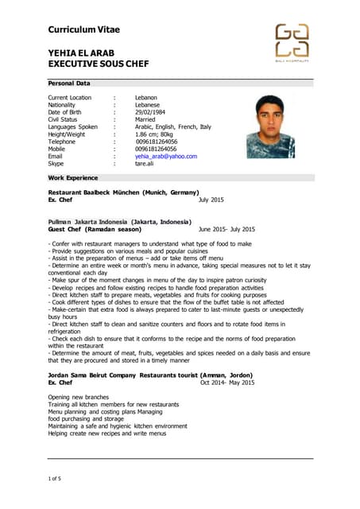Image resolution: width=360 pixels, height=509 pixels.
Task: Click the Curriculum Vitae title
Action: [x=84, y=29]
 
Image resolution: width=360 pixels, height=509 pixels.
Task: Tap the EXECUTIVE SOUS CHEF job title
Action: [x=99, y=64]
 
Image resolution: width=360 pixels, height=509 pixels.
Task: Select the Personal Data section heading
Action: [x=69, y=83]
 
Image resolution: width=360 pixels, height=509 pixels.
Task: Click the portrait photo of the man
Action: [x=269, y=126]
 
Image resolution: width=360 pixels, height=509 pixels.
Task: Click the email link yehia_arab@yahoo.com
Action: [x=165, y=156]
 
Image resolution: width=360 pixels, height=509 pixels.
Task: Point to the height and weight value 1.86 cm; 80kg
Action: [x=159, y=134]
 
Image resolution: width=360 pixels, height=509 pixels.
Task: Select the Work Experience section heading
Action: [x=73, y=178]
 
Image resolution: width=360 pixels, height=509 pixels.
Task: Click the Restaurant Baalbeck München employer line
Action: [x=123, y=192]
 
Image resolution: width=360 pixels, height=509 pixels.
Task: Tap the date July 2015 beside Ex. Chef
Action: [x=211, y=200]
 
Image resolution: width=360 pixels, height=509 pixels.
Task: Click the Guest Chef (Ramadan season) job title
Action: [x=95, y=228]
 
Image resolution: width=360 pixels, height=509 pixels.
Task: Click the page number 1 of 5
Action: [x=55, y=477]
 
